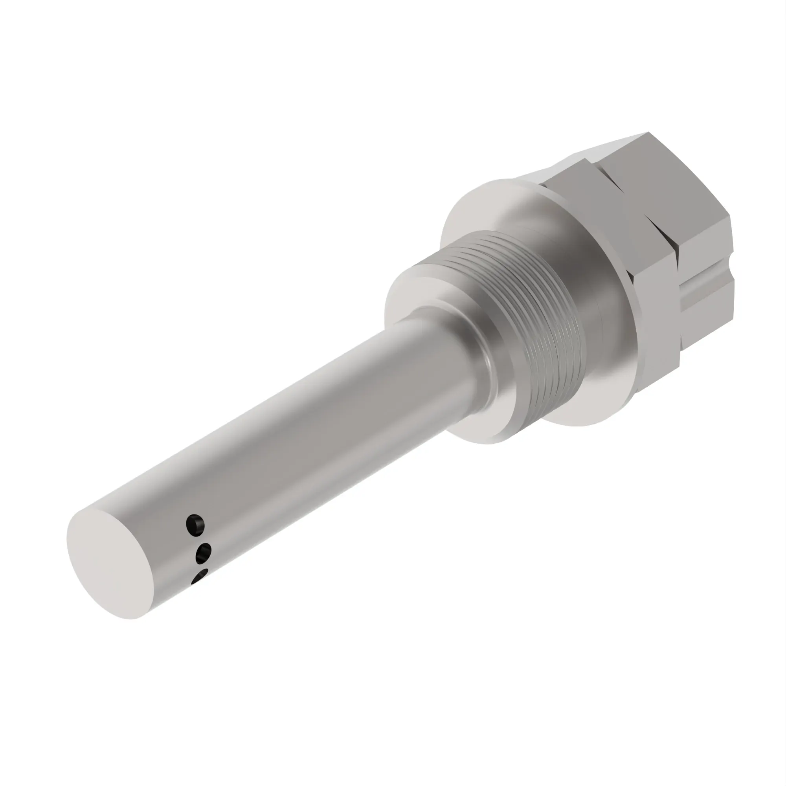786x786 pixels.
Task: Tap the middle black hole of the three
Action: [x=204, y=554]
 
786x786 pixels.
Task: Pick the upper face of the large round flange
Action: [x=480, y=211]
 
